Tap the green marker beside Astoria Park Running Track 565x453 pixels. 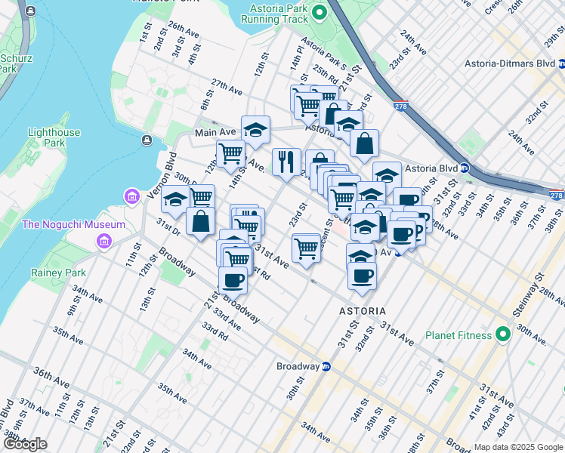[319, 12]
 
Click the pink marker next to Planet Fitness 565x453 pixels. [504, 335]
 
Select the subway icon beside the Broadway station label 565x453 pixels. [326, 367]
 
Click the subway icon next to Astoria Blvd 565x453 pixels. [465, 168]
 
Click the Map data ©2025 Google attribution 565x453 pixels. [518, 447]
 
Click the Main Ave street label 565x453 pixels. [215, 132]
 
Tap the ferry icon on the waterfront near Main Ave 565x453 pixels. [146, 140]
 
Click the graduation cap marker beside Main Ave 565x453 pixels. [255, 129]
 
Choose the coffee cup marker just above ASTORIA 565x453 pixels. [362, 275]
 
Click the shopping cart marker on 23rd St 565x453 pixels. [306, 248]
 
